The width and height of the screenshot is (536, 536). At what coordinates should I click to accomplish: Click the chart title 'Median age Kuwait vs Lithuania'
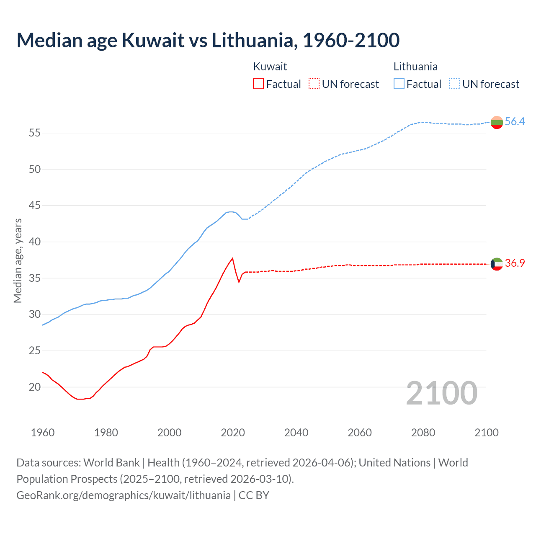coord(208,40)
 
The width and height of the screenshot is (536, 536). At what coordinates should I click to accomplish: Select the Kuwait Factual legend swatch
coord(258,84)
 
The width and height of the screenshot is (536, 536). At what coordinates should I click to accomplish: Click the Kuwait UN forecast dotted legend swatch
coord(314,84)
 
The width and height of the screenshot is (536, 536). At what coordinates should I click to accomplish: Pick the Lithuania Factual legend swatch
coord(399,84)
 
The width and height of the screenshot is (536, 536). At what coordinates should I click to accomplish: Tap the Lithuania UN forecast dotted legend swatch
coord(454,84)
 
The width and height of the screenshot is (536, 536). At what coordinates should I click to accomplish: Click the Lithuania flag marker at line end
coord(497,122)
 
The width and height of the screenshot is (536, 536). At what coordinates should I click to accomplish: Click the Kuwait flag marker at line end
coord(497,264)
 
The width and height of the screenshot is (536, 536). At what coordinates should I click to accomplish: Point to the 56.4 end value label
coord(515,121)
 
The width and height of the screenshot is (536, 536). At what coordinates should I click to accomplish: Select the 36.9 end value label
coord(515,263)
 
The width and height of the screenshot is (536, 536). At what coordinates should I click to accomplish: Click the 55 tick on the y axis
coord(34,133)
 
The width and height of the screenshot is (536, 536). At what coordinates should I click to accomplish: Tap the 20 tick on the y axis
coord(34,387)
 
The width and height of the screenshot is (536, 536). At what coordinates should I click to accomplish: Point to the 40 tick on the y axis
coord(34,242)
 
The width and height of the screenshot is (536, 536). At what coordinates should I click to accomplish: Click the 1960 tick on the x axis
coord(43,433)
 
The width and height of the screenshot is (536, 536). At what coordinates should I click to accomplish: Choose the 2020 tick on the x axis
coord(233,433)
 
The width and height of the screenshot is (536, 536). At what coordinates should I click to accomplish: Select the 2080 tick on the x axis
coord(423,433)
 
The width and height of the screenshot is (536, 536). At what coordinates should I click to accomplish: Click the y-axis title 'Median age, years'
coord(18,260)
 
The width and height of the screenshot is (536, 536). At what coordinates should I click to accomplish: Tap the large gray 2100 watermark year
coord(441,393)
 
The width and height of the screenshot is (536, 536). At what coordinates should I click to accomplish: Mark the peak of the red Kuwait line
coord(232,258)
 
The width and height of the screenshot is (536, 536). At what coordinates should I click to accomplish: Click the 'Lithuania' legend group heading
coord(415,67)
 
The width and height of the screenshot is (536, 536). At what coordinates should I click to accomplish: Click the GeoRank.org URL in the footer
coord(124,495)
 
